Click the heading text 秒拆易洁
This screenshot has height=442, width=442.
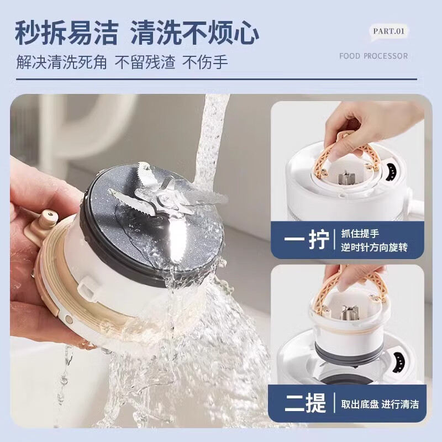pos(66,33)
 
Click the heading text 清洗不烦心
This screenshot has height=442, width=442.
pos(194,33)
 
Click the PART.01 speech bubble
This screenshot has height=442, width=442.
pos(388,31)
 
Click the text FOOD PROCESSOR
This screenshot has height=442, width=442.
pos(373,56)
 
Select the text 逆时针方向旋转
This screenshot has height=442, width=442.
pos(375,248)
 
